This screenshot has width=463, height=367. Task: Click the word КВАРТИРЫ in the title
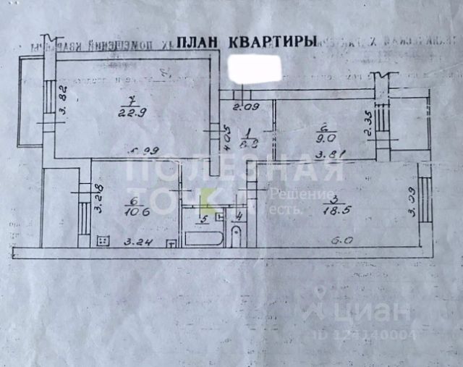point(271,42)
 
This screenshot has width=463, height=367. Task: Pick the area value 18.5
point(332,209)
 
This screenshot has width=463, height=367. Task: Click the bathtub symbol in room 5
point(203,237)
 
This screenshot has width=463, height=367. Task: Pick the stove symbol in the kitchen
point(104,240)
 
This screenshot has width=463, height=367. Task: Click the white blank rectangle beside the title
point(254,69)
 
